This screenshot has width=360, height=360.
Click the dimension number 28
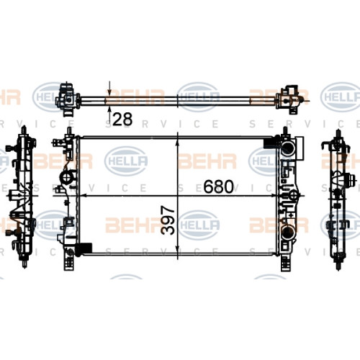(x=122, y=120)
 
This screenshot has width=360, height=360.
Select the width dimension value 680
(x=218, y=186)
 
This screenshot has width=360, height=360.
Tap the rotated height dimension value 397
(x=168, y=220)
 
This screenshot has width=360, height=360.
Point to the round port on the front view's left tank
(x=67, y=179)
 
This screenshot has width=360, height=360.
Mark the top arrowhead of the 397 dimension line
(x=178, y=142)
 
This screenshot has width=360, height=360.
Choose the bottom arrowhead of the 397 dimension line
(x=178, y=248)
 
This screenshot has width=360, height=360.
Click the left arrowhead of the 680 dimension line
(x=83, y=195)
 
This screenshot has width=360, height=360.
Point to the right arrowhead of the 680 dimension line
(x=273, y=195)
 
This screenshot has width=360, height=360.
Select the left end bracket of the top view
(x=68, y=100)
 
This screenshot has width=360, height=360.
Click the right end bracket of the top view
(x=289, y=99)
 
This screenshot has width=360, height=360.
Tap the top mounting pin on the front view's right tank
(x=285, y=131)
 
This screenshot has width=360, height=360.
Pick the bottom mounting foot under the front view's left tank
(x=68, y=262)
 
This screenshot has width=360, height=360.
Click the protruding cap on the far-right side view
(x=351, y=181)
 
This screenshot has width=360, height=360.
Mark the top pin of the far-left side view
(x=24, y=130)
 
